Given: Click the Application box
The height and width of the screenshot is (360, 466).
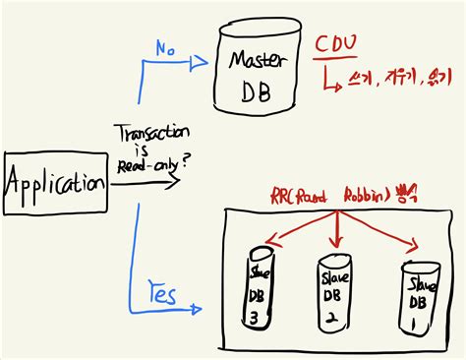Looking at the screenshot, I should click(54, 181).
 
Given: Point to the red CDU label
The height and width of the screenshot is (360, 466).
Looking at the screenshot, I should click(336, 46).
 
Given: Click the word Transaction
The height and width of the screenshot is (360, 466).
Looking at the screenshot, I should click(149, 134).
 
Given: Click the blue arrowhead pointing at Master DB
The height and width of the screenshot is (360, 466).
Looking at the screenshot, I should click(203, 61).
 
